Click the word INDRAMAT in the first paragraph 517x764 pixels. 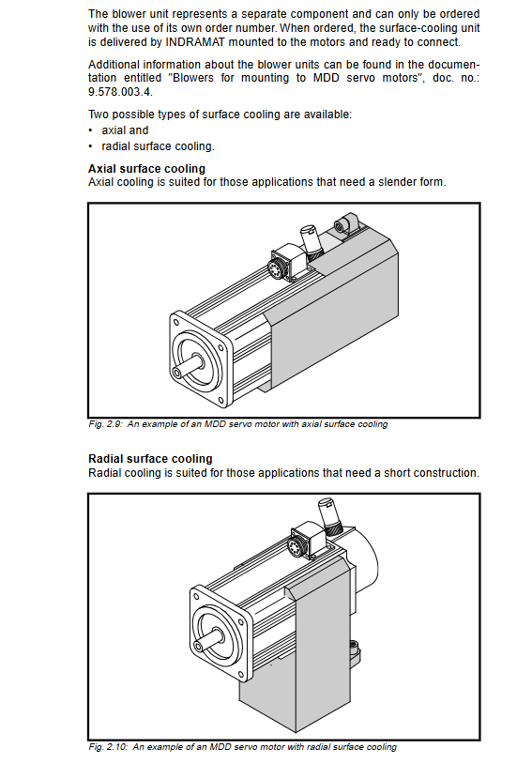click(195, 42)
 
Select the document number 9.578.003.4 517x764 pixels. click(120, 92)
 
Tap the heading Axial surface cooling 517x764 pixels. click(146, 169)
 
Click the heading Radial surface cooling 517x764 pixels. click(150, 459)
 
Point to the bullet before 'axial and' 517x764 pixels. click(91, 130)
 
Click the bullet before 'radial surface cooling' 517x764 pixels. click(91, 146)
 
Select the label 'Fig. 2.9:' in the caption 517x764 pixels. click(105, 424)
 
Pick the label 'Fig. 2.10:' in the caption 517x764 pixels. click(108, 746)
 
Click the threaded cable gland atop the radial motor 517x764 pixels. click(330, 515)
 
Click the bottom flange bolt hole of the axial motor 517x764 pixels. click(221, 401)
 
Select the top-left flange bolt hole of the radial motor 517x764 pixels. click(196, 596)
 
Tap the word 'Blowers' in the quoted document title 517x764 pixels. click(193, 78)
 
